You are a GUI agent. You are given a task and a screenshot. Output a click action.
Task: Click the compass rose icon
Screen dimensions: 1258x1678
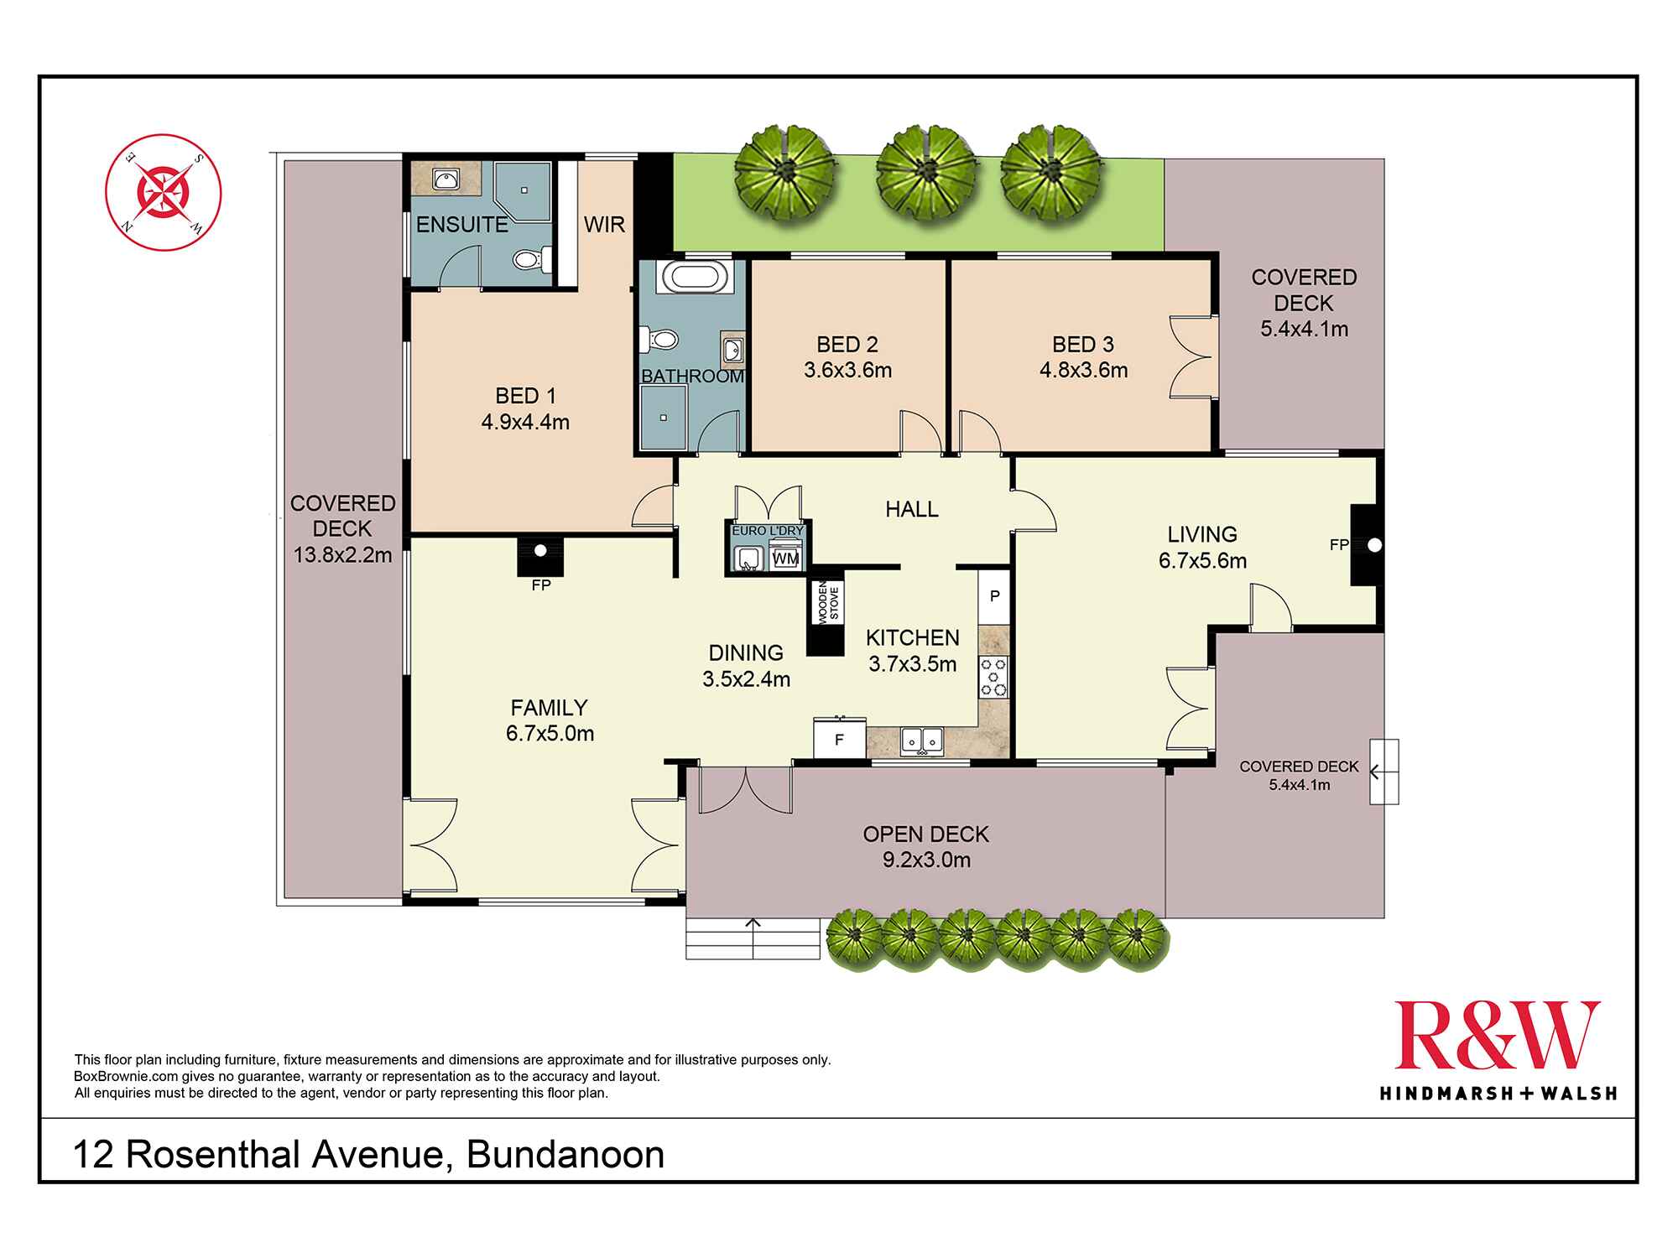pos(163,192)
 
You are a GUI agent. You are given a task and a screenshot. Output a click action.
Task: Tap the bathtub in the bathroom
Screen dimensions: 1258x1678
pos(692,278)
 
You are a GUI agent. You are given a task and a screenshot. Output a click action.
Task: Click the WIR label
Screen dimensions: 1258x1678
pos(604,225)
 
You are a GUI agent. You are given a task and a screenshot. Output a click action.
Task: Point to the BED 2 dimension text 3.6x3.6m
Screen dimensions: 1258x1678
pos(847,370)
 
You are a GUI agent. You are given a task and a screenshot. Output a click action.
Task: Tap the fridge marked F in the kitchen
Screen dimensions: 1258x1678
pos(838,740)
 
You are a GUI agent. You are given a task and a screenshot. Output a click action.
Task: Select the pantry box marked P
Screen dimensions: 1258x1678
pos(994,596)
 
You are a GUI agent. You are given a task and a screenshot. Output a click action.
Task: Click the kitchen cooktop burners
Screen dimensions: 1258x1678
pos(993,677)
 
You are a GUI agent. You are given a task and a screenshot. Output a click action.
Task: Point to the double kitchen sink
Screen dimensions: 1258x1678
pos(921,741)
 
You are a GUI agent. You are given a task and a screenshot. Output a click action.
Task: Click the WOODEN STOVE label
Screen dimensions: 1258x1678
pos(828,601)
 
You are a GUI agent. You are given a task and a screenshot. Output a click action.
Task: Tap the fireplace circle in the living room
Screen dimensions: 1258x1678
pos(1373,545)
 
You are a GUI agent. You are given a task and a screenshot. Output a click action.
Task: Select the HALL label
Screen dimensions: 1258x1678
pos(911,509)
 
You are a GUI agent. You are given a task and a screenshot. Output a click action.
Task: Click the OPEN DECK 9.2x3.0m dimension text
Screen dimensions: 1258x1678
pos(926,860)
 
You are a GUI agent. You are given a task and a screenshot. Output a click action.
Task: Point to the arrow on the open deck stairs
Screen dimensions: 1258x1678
pos(753,924)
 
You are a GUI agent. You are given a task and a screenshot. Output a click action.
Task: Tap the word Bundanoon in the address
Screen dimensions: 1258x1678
pos(565,1156)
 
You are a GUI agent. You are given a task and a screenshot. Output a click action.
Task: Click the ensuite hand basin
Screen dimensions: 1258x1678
pos(446,179)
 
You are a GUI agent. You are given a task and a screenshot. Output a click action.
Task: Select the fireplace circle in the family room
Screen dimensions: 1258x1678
pos(540,551)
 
